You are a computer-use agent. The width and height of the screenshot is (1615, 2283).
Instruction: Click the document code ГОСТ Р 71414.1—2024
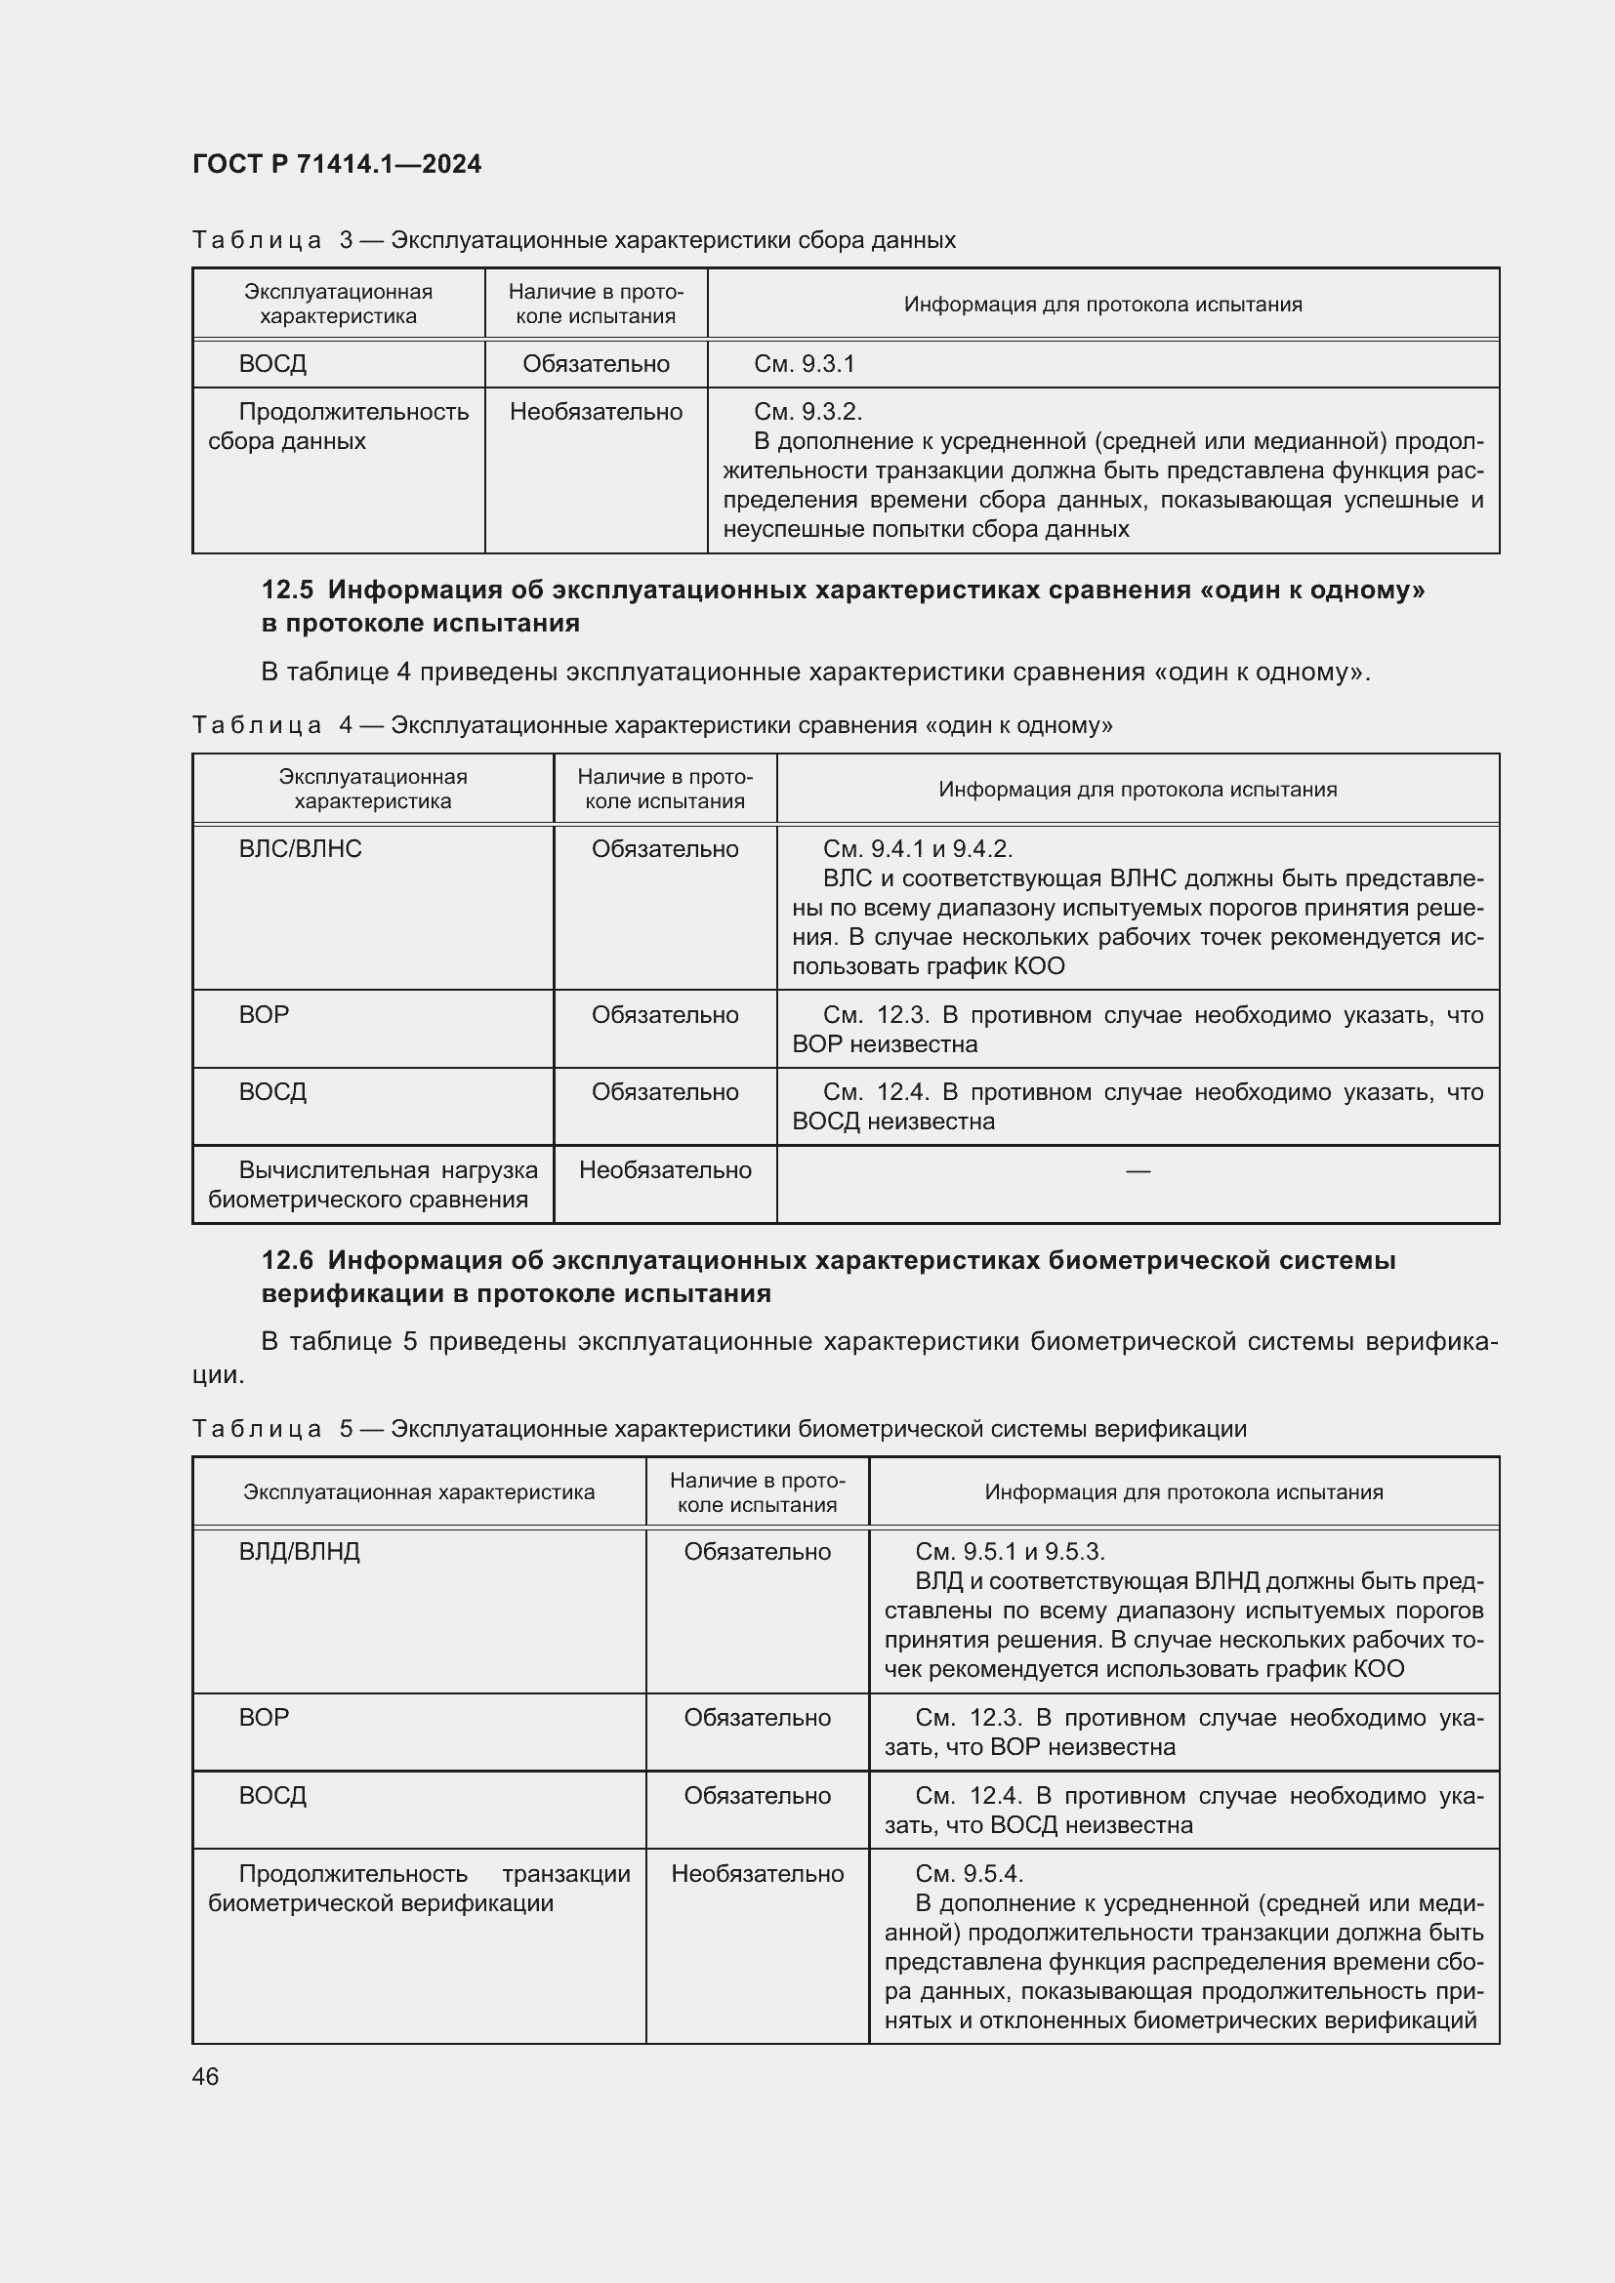pyautogui.click(x=336, y=164)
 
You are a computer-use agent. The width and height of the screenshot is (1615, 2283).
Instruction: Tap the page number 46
pyautogui.click(x=206, y=2076)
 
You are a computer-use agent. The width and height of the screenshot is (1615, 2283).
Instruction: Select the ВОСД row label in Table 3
pyautogui.click(x=272, y=364)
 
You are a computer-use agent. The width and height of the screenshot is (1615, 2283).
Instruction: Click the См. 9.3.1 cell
pyautogui.click(x=804, y=364)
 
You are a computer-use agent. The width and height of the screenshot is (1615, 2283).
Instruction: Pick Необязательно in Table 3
pyautogui.click(x=596, y=412)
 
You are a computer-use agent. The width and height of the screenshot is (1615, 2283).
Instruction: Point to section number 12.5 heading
pyautogui.click(x=287, y=590)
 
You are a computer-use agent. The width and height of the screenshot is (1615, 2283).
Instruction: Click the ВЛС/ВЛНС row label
pyautogui.click(x=301, y=849)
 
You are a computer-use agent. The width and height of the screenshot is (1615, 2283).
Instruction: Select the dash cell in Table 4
pyautogui.click(x=1138, y=1171)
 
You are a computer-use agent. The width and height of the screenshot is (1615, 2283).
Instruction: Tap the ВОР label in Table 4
pyautogui.click(x=264, y=1015)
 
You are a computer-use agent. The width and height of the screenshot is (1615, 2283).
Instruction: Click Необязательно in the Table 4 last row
pyautogui.click(x=664, y=1170)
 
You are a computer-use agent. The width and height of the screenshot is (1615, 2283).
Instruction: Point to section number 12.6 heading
pyautogui.click(x=287, y=1260)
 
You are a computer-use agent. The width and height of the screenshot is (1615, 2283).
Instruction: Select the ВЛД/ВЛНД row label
pyautogui.click(x=300, y=1552)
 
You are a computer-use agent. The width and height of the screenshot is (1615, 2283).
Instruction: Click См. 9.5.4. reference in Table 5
pyautogui.click(x=969, y=1874)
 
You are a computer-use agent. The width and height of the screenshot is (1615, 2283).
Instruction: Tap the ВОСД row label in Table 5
pyautogui.click(x=272, y=1796)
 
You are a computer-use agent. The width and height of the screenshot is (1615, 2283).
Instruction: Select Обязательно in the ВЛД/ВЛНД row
pyautogui.click(x=757, y=1552)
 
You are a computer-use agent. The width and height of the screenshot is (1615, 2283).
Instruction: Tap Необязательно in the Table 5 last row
pyautogui.click(x=757, y=1874)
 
